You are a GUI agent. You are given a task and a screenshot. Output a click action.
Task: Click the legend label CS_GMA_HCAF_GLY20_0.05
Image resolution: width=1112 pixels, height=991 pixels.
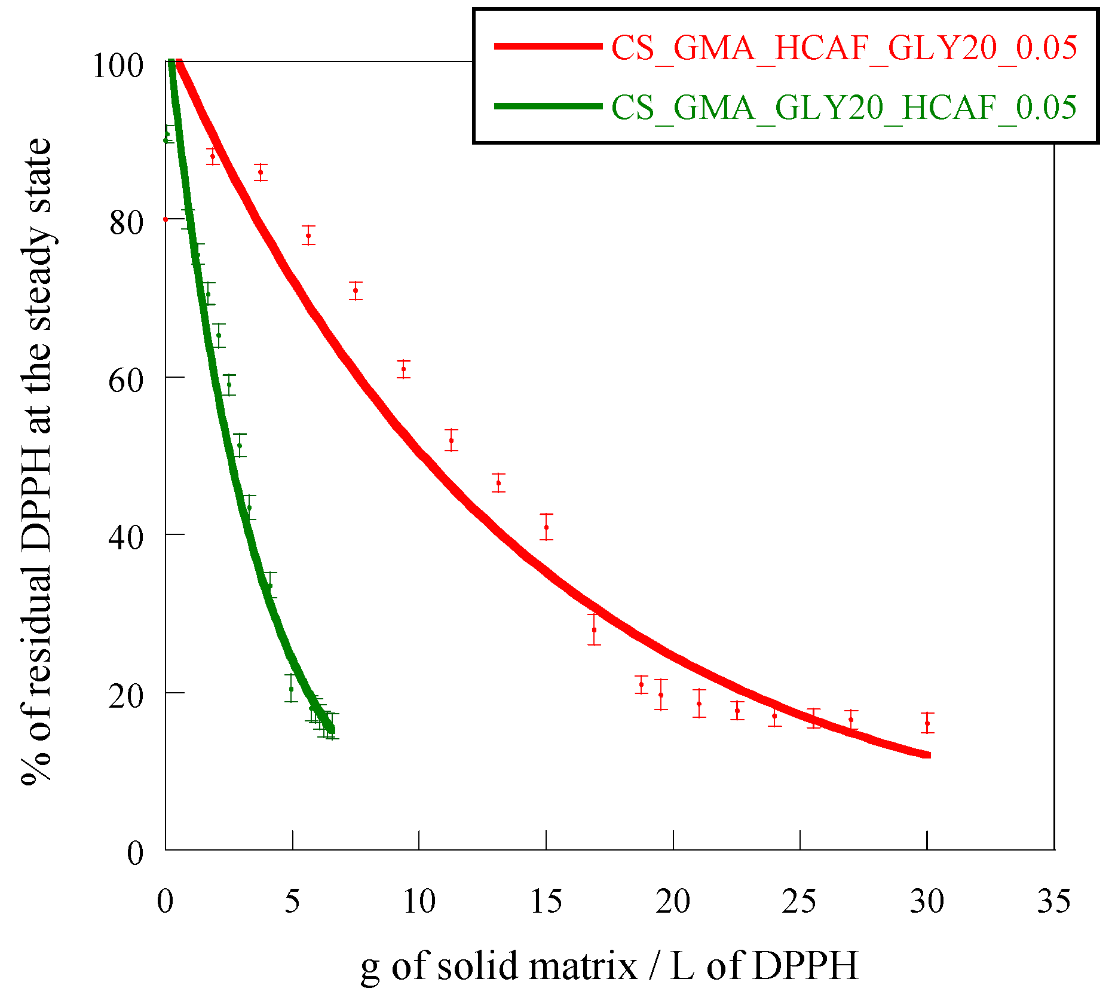844,48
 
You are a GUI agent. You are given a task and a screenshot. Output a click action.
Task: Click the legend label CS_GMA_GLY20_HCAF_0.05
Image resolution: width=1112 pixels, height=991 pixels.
844,108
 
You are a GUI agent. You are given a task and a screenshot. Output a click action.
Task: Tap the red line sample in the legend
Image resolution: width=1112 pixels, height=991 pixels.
548,46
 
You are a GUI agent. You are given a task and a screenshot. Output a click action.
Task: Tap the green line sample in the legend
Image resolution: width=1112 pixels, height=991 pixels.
548,106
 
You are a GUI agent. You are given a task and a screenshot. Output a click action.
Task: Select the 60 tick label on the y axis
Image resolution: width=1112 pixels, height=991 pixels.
126,380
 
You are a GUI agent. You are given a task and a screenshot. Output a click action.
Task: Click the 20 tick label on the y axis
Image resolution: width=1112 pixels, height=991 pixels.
126,696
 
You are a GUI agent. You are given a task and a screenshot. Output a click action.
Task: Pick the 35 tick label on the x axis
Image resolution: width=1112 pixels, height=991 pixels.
1054,901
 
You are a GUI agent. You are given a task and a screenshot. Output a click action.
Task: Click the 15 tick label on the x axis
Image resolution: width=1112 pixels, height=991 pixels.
546,901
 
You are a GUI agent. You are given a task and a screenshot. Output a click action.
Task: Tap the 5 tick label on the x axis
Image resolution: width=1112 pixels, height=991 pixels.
292,901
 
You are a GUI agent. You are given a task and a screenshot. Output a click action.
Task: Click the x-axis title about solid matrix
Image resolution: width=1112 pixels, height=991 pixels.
609,965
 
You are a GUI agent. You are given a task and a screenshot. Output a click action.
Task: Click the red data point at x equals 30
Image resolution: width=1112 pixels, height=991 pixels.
927,723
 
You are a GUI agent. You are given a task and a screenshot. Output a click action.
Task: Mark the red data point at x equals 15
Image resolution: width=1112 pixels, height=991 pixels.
546,527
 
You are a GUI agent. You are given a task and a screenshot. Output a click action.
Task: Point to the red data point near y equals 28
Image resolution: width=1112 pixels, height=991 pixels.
594,630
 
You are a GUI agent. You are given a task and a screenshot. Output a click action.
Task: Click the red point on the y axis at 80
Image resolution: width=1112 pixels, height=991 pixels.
166,219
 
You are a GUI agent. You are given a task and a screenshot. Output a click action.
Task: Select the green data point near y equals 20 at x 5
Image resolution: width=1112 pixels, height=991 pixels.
291,689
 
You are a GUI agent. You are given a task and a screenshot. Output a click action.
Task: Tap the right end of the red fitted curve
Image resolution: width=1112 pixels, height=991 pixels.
928,756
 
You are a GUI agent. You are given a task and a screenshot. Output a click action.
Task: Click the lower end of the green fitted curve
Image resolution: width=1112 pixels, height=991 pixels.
332,730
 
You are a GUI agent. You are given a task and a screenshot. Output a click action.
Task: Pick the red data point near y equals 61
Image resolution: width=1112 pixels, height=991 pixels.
404,369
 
